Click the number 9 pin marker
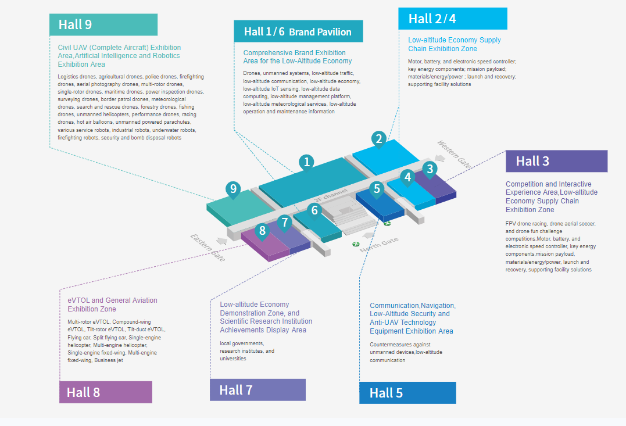233,189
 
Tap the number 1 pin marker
306,162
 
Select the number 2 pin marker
379,139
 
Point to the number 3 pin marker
430,169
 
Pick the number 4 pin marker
407,177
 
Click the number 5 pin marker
377,188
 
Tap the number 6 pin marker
314,210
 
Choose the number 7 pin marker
284,222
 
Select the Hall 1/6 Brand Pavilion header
298,31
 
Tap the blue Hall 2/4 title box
452,19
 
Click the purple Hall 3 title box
556,161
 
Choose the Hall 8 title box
105,392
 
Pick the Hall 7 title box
257,390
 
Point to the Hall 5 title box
407,392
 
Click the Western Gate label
454,154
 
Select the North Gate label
379,245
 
